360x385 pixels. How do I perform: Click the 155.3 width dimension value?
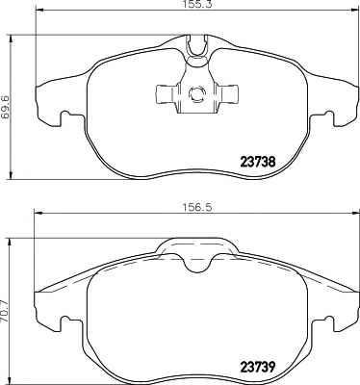point(198,4)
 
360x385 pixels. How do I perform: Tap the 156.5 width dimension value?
point(197,207)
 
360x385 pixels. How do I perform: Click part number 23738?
point(258,162)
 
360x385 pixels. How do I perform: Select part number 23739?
point(258,367)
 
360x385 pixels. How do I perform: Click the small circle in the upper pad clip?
point(196,94)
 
